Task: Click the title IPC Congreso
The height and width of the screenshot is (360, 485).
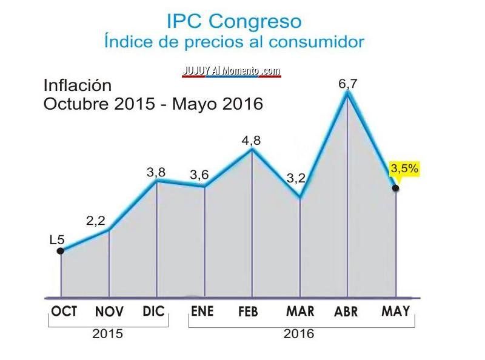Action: click(x=234, y=21)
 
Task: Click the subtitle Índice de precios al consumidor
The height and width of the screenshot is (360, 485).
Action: click(x=234, y=42)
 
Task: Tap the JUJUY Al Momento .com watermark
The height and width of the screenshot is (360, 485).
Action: click(x=232, y=71)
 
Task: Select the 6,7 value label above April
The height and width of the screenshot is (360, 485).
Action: click(x=347, y=84)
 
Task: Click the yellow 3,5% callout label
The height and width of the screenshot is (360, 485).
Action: click(x=404, y=169)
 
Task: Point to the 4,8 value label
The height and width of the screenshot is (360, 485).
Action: click(x=251, y=140)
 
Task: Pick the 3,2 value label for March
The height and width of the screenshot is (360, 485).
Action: click(x=296, y=178)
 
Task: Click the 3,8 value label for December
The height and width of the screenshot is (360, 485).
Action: click(x=156, y=172)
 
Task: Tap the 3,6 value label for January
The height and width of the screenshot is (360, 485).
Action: click(x=199, y=175)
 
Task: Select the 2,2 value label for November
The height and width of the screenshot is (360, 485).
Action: click(x=96, y=221)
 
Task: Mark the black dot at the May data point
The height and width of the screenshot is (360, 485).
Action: click(x=396, y=189)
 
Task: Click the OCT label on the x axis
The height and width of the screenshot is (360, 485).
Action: click(x=64, y=312)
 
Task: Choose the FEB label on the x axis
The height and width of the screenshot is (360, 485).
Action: click(x=248, y=312)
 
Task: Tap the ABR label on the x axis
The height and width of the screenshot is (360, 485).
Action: click(x=346, y=312)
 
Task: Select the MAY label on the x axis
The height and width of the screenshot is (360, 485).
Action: click(x=396, y=312)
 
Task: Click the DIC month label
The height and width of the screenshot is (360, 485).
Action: click(x=153, y=312)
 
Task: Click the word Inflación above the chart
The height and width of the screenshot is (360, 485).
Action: click(x=78, y=85)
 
